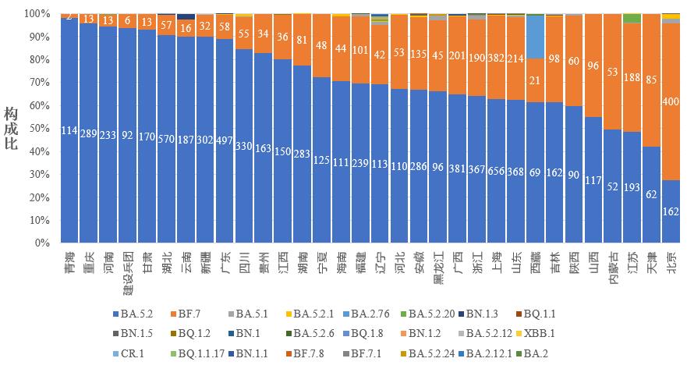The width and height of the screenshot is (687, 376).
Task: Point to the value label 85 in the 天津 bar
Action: [x=653, y=79]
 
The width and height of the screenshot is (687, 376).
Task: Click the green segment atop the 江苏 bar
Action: [x=633, y=18]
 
